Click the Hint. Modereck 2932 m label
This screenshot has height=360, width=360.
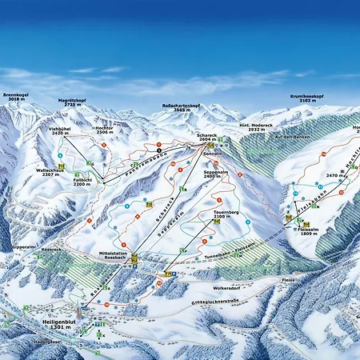[256, 126]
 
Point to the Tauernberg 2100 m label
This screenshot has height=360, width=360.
[227, 214]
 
